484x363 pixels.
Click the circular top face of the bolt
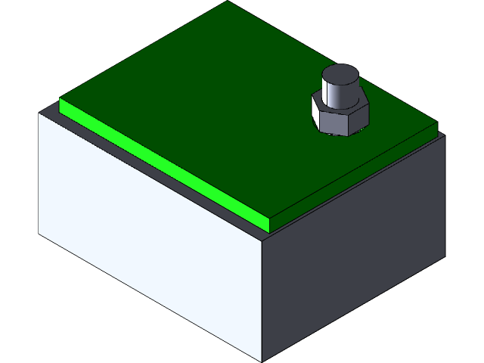point(339,76)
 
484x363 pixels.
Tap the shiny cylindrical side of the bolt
point(337,96)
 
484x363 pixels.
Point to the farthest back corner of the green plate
point(228,2)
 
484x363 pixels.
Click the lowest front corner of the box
point(262,361)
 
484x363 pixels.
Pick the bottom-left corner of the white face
point(40,233)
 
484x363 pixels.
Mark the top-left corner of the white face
point(40,114)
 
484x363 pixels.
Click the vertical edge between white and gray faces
point(262,302)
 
